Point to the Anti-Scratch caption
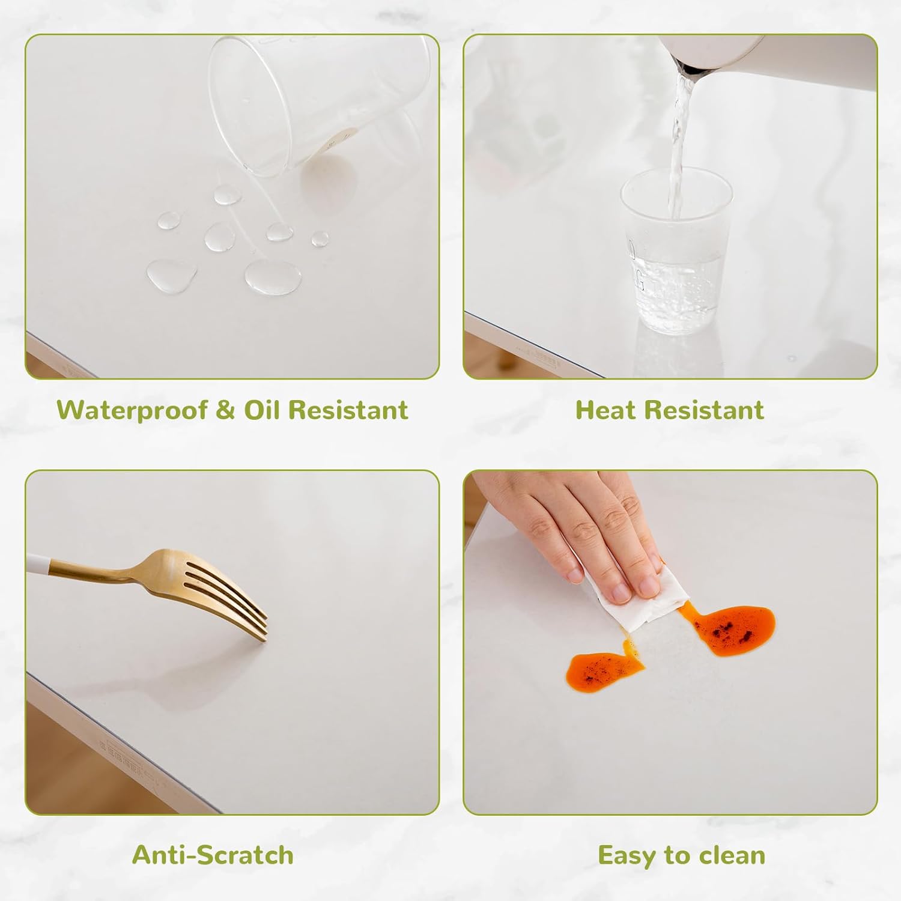click(x=213, y=855)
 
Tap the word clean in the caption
click(x=729, y=855)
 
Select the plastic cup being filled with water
click(x=676, y=249)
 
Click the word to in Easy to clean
click(x=674, y=855)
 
